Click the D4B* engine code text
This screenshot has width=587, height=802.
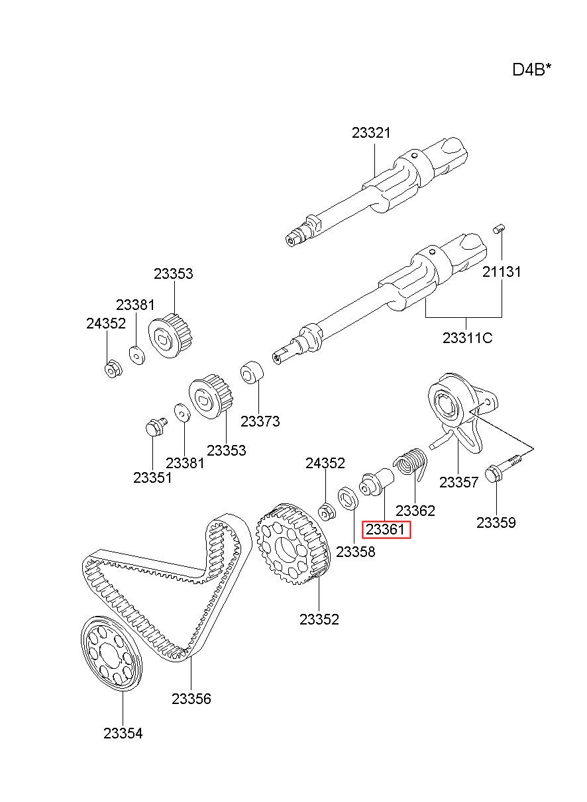coord(531,70)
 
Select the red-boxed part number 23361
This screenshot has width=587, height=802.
coord(385,529)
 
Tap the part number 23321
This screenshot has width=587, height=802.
coord(371,133)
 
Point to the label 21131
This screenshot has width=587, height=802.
coord(502,272)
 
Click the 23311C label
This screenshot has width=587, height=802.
coord(467,338)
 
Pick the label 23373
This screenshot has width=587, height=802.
coord(260,421)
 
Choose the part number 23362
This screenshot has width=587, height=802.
coord(415,511)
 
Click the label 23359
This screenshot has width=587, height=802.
coord(496,523)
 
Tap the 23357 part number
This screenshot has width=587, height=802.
coord(458,482)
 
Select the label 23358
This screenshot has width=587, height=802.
coord(356,552)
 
